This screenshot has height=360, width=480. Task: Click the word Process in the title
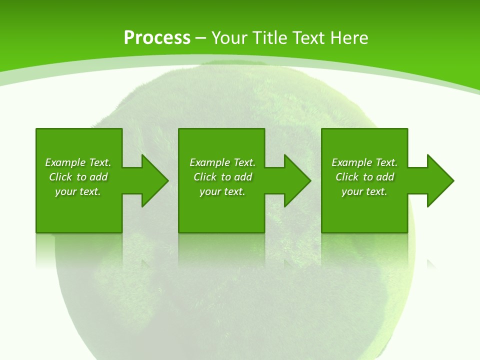(x=157, y=38)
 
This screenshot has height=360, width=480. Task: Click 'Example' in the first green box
(x=65, y=162)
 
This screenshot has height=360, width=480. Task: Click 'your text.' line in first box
(x=78, y=191)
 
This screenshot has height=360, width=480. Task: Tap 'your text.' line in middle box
(x=222, y=191)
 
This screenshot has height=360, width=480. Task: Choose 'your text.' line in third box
(x=364, y=191)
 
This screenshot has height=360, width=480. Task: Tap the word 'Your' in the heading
(x=228, y=38)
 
